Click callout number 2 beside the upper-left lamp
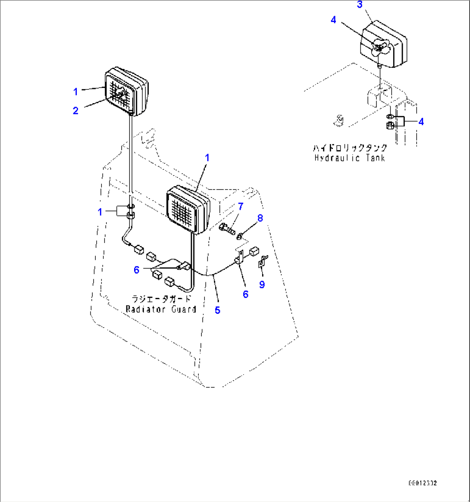tap(75, 111)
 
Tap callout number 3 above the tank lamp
tap(360, 5)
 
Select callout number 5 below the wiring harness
tap(218, 310)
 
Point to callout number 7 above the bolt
tap(241, 206)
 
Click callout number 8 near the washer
tap(260, 218)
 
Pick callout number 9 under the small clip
tap(262, 284)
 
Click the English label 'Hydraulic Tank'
tap(349, 158)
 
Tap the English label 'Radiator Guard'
tap(161, 309)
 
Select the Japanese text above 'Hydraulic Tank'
tap(350, 148)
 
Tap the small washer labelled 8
tap(240, 235)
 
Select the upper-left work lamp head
tap(126, 92)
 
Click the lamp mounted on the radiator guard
tap(188, 208)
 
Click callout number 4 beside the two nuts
tap(421, 122)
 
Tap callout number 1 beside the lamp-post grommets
tap(100, 212)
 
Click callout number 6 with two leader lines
tap(137, 270)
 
